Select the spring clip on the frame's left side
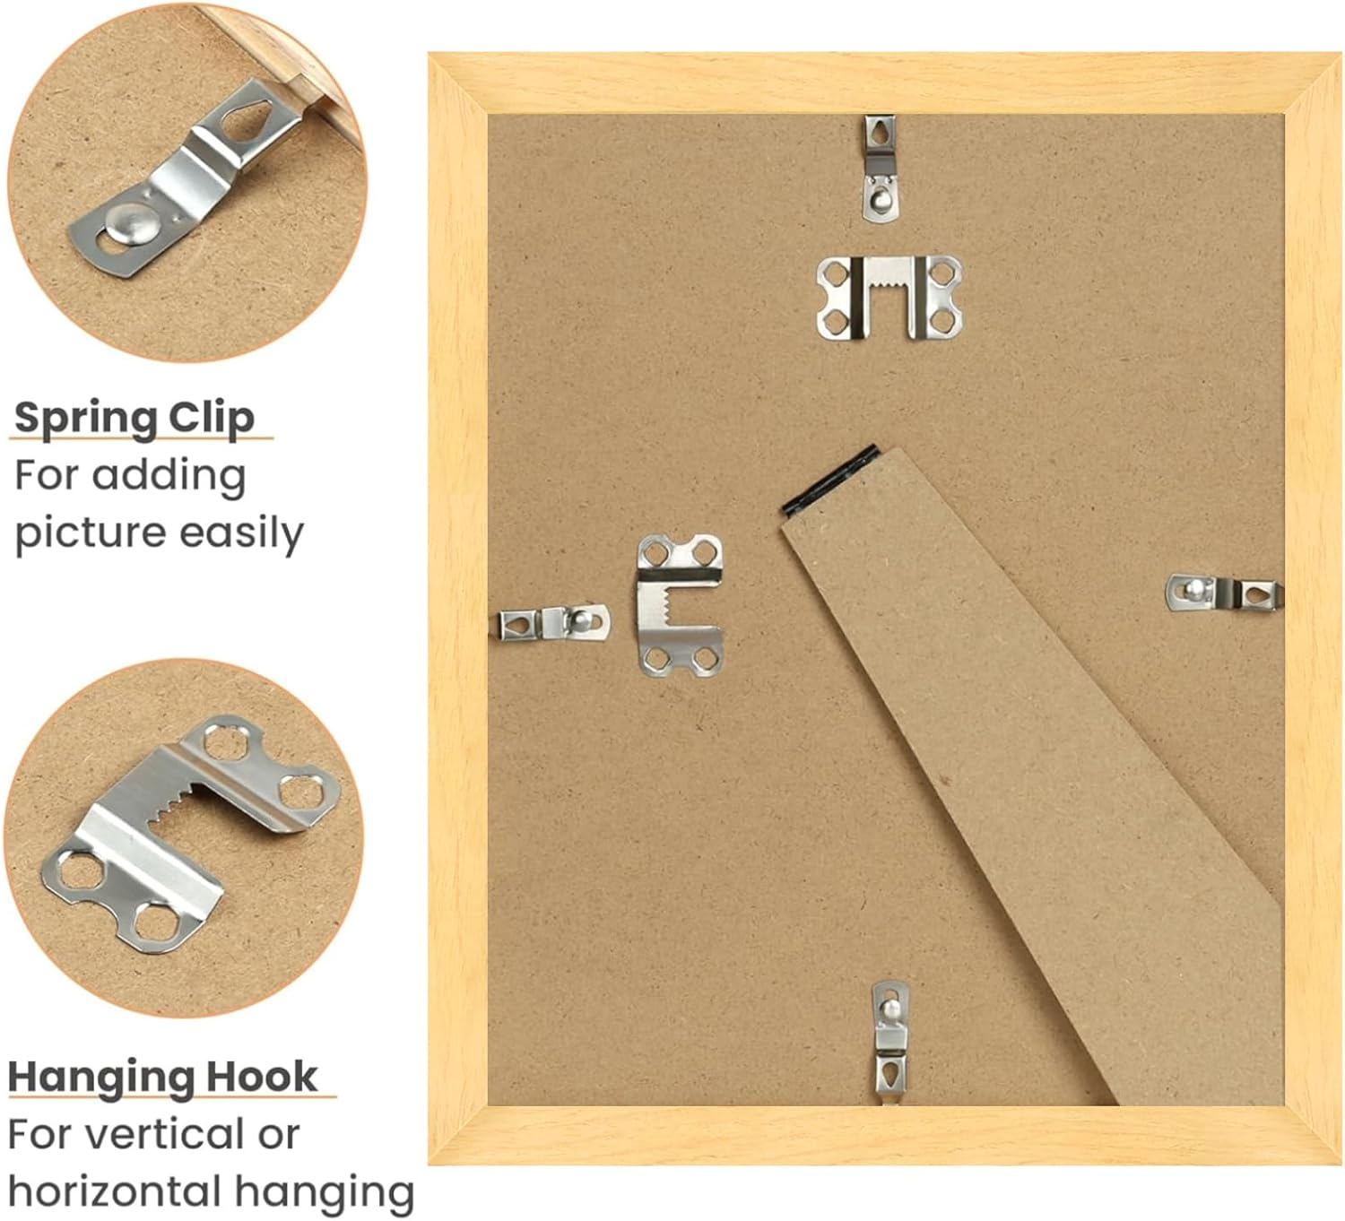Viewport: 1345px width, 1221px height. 554,623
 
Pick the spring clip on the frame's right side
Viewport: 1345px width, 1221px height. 1224,592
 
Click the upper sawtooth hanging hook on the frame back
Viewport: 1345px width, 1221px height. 889,297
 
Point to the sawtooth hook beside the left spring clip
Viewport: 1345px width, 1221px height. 680,605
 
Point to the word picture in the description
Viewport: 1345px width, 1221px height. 90,533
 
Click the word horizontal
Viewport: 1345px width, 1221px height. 113,1191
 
